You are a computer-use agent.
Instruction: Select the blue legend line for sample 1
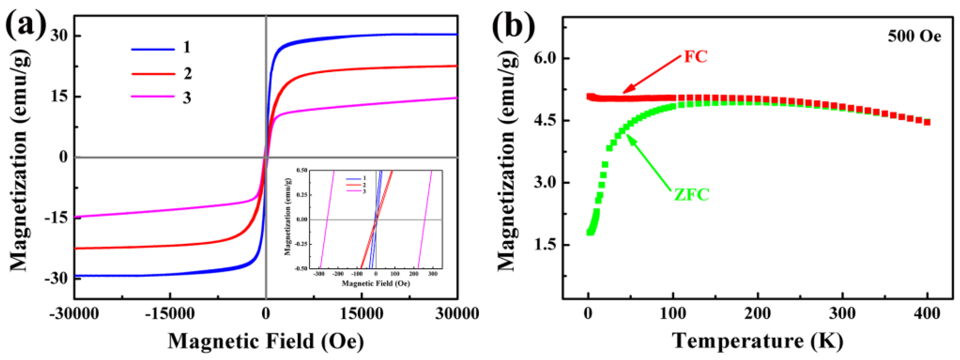[x=153, y=49]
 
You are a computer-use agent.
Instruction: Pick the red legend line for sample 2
[x=153, y=74]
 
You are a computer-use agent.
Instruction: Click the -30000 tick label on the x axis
[x=74, y=314]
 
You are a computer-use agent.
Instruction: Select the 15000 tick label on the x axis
[x=361, y=314]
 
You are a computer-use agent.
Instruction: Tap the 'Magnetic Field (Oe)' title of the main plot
[x=266, y=341]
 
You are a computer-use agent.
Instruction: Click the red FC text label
[x=695, y=57]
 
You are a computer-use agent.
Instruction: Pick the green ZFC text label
[x=692, y=194]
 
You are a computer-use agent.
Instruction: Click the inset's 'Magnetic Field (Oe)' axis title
[x=376, y=284]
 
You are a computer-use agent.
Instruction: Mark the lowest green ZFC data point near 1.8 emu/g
[x=590, y=233]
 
